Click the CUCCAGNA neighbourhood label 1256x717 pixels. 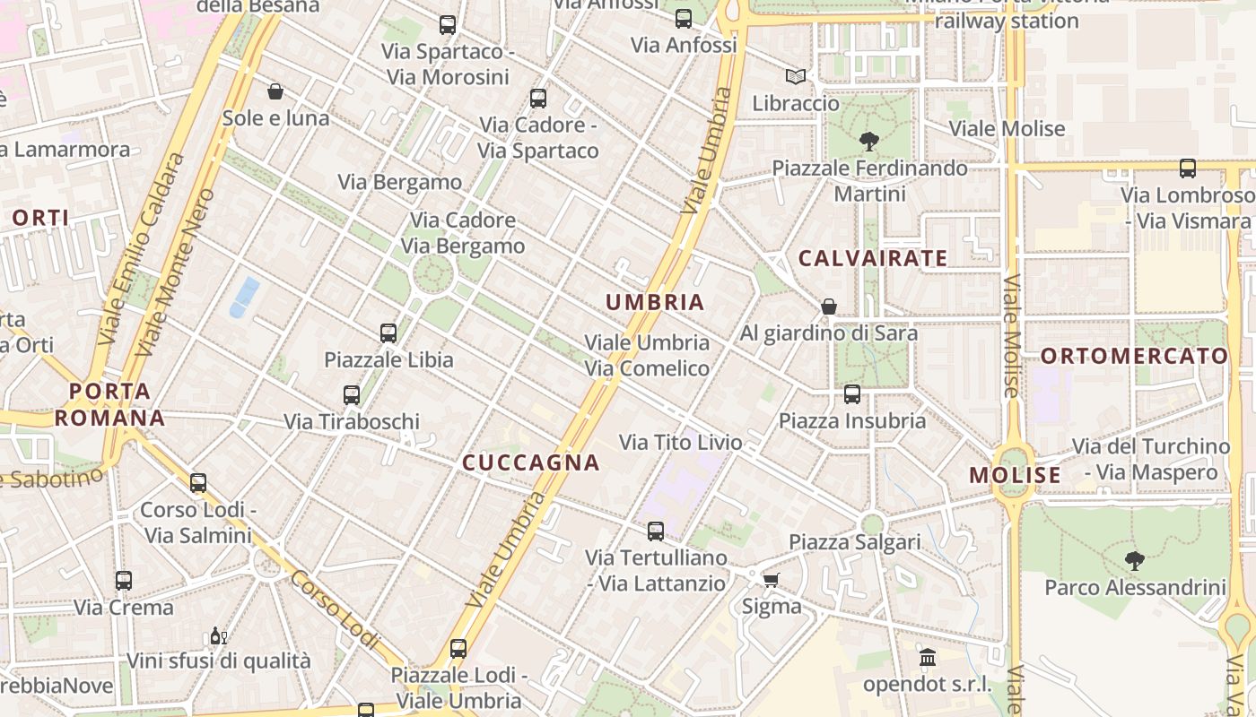click(x=530, y=462)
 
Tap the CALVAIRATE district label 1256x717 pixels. click(x=873, y=259)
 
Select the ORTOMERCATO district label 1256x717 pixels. click(x=1134, y=356)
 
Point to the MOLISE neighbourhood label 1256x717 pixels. click(x=1015, y=475)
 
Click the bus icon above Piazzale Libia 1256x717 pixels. click(x=388, y=333)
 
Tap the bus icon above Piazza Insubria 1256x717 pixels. click(x=852, y=394)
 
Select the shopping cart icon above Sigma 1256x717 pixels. click(x=771, y=580)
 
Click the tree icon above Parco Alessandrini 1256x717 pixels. click(x=1135, y=562)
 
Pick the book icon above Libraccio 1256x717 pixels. click(x=796, y=77)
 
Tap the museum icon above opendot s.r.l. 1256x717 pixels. click(x=928, y=658)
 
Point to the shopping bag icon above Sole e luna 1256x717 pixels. click(x=275, y=91)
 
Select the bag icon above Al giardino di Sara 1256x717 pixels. click(x=829, y=307)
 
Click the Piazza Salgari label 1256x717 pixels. click(x=854, y=541)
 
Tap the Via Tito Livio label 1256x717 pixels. click(x=681, y=442)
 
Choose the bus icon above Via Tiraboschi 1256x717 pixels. click(x=352, y=394)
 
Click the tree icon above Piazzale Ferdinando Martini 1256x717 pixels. click(x=868, y=141)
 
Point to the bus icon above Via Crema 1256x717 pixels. click(x=124, y=581)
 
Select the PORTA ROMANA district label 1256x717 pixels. click(x=109, y=404)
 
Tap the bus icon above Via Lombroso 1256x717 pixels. click(x=1188, y=168)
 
